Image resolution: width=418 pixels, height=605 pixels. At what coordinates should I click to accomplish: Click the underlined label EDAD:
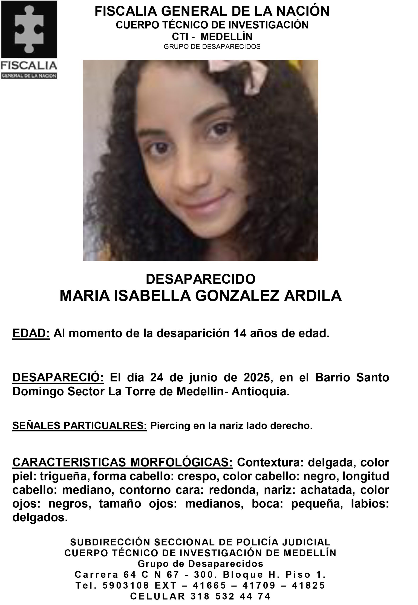point(31,333)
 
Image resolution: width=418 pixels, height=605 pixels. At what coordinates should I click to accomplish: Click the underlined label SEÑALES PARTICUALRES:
point(80,426)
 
